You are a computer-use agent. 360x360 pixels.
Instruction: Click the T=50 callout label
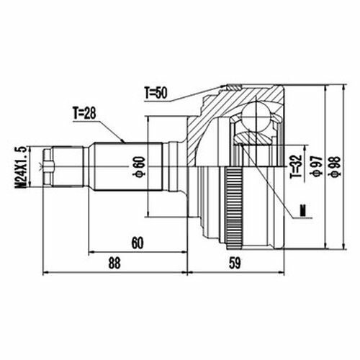(x=156, y=93)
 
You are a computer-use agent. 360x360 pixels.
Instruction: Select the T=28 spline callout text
(x=84, y=113)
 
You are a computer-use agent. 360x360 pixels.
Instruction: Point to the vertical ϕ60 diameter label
(x=139, y=166)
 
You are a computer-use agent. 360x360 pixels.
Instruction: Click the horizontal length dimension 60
(x=138, y=243)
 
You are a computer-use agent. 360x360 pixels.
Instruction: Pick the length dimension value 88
(x=114, y=263)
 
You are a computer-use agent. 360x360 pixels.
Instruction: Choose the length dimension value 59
(x=235, y=264)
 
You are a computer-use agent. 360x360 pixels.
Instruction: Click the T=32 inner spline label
(x=296, y=167)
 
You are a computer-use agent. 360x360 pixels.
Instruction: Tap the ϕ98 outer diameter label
(x=336, y=166)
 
